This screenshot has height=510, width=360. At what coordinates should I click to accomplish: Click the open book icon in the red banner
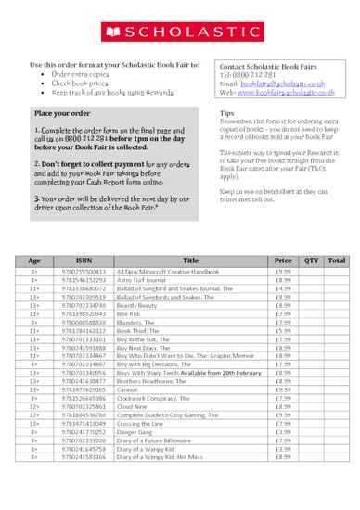[x=114, y=32]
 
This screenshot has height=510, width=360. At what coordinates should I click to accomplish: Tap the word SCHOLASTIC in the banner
[x=187, y=32]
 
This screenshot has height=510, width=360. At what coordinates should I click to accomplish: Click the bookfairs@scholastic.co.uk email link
[x=277, y=84]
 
